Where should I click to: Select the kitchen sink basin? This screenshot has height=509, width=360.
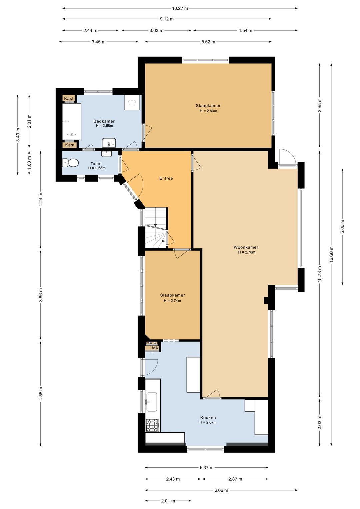[151, 402]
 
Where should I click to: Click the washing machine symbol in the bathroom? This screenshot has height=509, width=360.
[132, 102]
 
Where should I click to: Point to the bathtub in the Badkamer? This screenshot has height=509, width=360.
[72, 122]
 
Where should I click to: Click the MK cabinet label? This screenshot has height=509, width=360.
[155, 348]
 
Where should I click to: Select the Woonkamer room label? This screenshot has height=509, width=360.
[246, 247]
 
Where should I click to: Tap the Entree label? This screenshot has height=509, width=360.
[166, 178]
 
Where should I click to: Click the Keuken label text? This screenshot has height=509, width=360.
[208, 417]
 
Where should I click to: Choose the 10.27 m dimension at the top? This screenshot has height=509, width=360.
[180, 8]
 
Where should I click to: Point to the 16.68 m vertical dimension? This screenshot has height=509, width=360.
[331, 254]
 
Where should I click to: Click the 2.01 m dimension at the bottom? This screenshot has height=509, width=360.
[168, 501]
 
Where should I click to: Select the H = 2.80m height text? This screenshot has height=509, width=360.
[208, 111]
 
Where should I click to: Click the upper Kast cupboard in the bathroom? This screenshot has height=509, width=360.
[69, 98]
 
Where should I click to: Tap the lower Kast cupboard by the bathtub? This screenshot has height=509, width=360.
[70, 145]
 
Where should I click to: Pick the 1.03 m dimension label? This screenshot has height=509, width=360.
[29, 160]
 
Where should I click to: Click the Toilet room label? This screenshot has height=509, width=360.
[96, 163]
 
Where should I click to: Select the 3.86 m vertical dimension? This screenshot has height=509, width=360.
[41, 295]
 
